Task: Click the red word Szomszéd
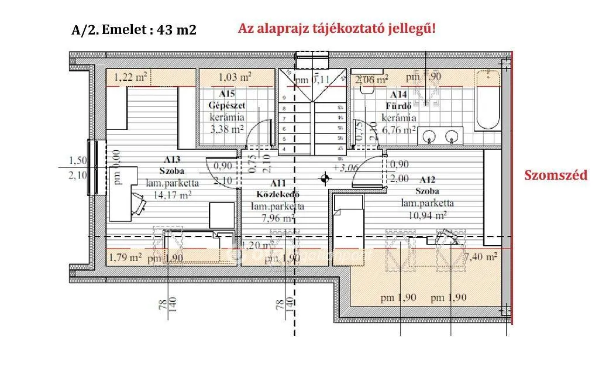(555, 176)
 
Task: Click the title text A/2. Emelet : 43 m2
(133, 30)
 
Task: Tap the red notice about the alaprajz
(337, 29)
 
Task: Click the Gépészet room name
(226, 105)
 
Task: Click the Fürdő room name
(399, 106)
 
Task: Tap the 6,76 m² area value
(400, 130)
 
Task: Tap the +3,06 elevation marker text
(345, 167)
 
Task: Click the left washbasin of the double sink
(430, 137)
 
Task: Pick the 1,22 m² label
(129, 77)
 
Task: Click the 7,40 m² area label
(480, 256)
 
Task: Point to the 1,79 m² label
(126, 256)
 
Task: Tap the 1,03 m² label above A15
(235, 77)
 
